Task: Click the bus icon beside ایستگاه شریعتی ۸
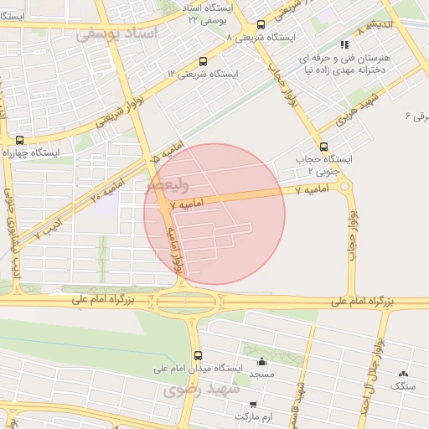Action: point(261,24)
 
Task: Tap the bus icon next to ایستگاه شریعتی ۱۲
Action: point(204,61)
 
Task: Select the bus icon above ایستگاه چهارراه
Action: point(19,140)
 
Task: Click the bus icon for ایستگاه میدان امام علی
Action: point(197,355)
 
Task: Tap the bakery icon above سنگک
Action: point(406,374)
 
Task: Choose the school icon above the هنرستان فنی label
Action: point(344,44)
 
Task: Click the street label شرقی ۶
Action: point(416,116)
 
